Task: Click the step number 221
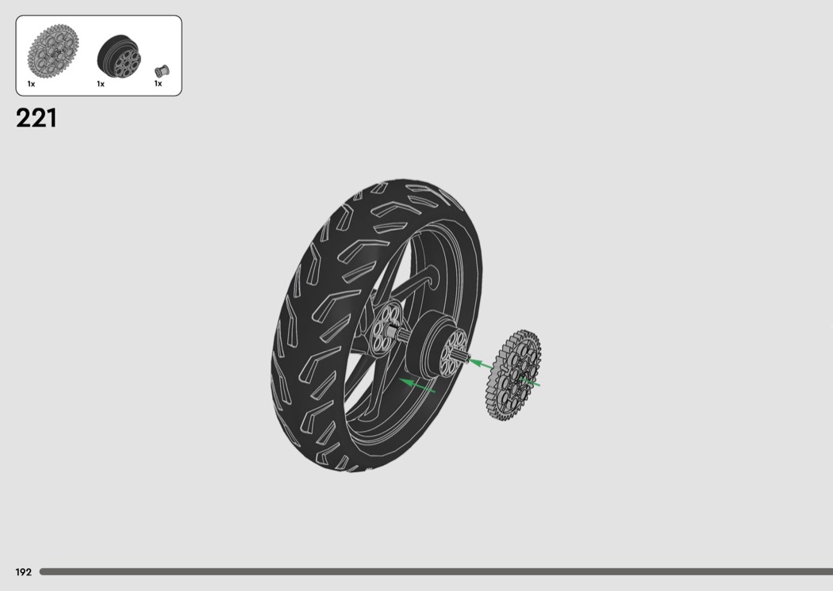[36, 118]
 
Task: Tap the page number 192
[23, 572]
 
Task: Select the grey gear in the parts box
[53, 49]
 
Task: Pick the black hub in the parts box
[119, 55]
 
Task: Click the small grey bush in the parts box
[162, 71]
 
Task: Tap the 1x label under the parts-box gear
[32, 84]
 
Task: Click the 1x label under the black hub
[101, 84]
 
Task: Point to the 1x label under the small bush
[159, 83]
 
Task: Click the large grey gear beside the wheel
[513, 375]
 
